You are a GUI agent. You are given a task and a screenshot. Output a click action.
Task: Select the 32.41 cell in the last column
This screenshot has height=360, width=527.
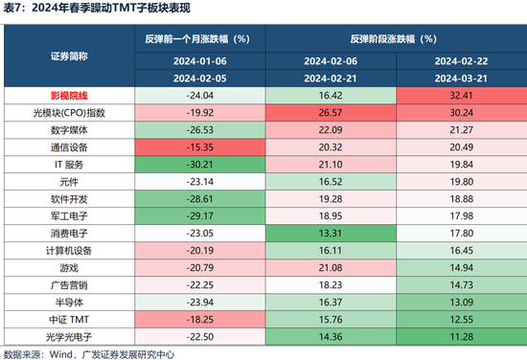coord(461,96)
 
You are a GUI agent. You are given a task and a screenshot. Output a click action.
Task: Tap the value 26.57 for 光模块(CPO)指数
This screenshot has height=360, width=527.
coord(331,113)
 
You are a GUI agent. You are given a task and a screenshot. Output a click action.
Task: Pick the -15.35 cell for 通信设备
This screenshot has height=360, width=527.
coord(199,147)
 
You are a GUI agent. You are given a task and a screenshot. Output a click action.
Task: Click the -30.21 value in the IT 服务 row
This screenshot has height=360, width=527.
coord(199,164)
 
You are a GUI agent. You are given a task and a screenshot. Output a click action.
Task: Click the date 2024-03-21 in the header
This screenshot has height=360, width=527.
coord(461,79)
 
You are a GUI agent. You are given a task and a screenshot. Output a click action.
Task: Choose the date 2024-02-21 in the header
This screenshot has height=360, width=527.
coord(331,79)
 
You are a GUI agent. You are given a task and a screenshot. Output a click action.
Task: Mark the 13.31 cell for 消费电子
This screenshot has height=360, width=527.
coord(331,232)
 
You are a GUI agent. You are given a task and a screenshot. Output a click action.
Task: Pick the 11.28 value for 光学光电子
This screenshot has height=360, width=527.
coord(461,334)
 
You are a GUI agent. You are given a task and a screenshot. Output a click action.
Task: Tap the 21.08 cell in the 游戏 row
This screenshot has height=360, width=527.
coord(331,266)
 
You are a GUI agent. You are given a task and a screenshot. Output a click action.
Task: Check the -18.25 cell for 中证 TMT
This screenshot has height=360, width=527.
coord(199,317)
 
